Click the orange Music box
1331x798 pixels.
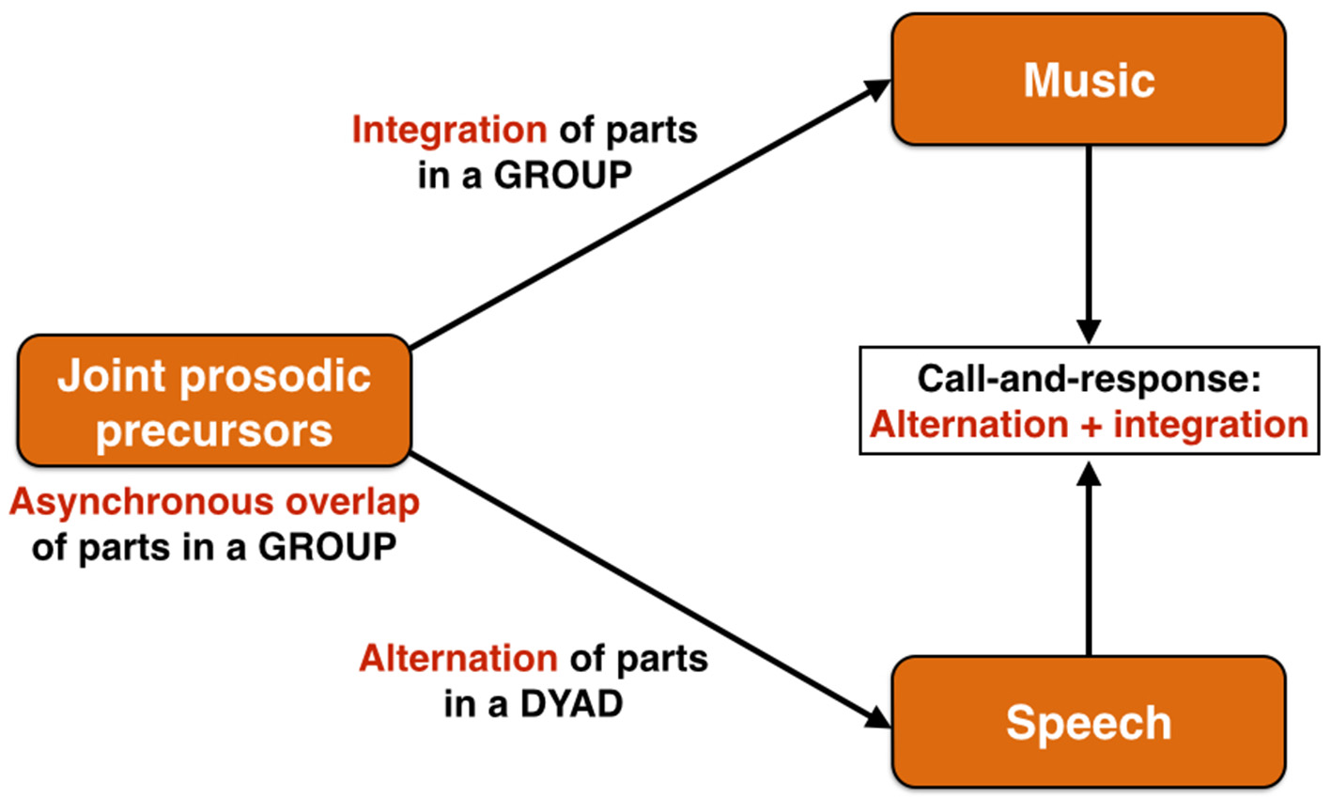tap(1088, 80)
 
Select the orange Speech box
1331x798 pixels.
tap(1088, 722)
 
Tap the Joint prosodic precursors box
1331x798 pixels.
tap(214, 401)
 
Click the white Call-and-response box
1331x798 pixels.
tap(1089, 401)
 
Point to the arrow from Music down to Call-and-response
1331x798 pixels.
tap(1088, 244)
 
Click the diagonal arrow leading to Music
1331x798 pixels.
tap(648, 215)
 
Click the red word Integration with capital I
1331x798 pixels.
tap(449, 130)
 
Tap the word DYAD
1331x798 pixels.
tap(572, 704)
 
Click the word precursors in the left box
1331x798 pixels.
tap(214, 430)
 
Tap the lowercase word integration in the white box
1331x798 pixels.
tap(1211, 425)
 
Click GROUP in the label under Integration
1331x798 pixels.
tap(563, 176)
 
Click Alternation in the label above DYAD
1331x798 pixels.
tap(458, 658)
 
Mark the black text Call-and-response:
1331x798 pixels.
tap(1089, 379)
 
